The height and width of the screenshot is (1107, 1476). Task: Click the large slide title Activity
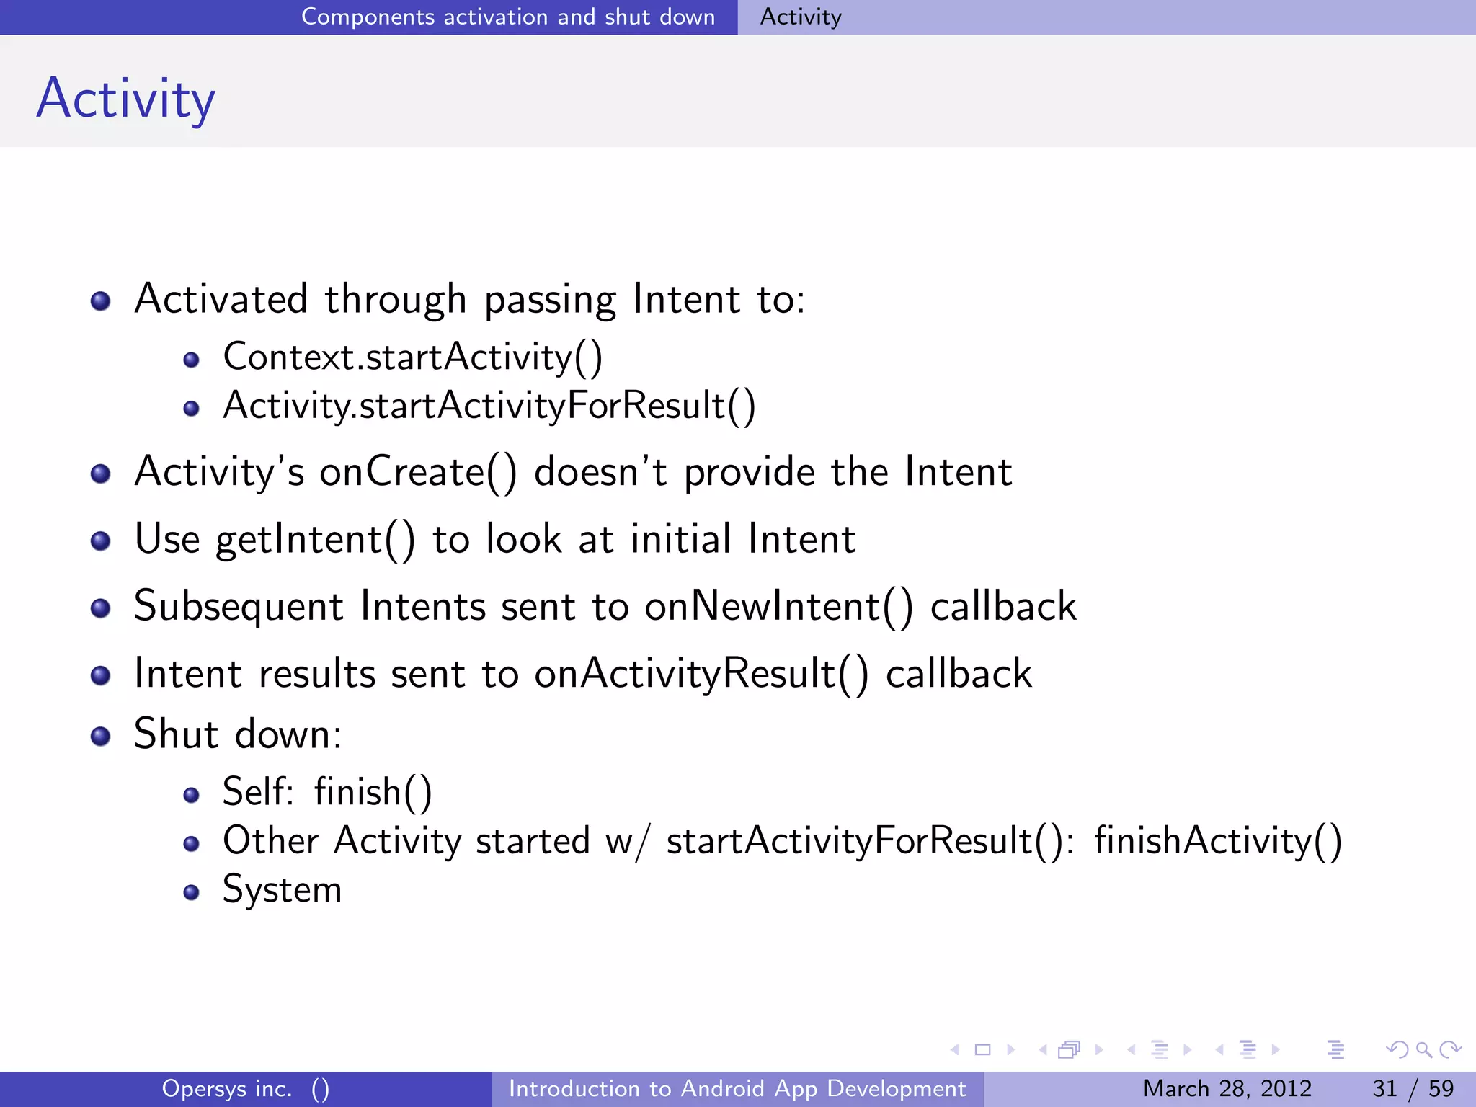point(126,99)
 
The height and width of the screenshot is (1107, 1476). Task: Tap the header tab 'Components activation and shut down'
point(507,17)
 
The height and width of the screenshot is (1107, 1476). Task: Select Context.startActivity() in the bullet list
point(412,357)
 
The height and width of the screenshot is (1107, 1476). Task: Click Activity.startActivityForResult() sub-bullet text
point(489,406)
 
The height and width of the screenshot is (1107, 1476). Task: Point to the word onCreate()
point(418,473)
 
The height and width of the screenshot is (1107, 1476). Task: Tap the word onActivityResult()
point(701,674)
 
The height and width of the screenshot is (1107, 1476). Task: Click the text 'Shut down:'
point(238,734)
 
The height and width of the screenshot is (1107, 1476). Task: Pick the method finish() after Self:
point(373,792)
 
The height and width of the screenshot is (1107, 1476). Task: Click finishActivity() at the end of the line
point(1217,841)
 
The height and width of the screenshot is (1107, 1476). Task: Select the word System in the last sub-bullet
point(282,889)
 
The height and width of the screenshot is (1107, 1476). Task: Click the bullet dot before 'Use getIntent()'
point(101,541)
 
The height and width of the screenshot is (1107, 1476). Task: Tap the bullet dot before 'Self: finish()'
point(191,795)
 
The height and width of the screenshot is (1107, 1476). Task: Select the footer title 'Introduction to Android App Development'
point(737,1088)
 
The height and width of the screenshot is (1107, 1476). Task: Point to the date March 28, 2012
point(1227,1088)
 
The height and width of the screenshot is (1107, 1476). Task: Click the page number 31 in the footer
point(1384,1088)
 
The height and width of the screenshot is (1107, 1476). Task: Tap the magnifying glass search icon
point(1423,1049)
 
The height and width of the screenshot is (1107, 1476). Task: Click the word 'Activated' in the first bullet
point(221,299)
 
